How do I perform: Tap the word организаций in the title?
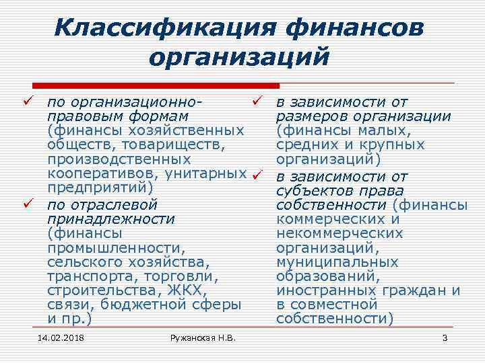(x=240, y=56)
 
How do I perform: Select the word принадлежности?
(x=111, y=218)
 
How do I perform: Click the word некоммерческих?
(x=340, y=233)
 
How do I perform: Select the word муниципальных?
(x=337, y=262)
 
